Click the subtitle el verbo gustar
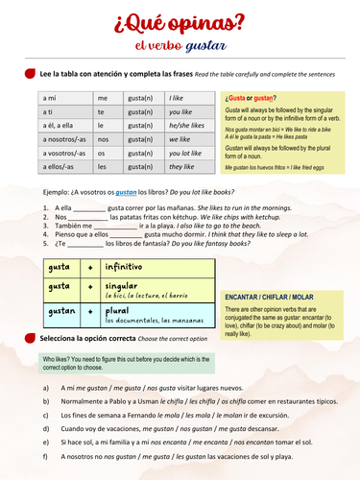(x=180, y=45)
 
